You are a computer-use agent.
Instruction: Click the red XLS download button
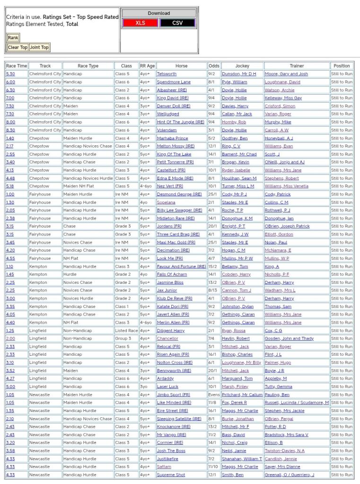tap(140, 23)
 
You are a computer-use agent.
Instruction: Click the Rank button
tap(13, 38)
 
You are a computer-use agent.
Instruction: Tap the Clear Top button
tap(18, 47)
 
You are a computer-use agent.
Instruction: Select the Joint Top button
tap(39, 47)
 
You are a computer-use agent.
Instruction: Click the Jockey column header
tap(242, 66)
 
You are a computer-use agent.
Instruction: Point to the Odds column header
tap(214, 66)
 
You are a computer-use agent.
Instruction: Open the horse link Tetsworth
tap(167, 74)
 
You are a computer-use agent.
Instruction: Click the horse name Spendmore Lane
tap(174, 82)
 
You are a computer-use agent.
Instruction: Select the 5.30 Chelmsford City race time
tap(10, 74)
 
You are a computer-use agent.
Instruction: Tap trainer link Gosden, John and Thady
tap(289, 338)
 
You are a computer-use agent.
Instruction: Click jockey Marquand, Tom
tap(237, 378)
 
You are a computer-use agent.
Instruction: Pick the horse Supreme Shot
tap(171, 475)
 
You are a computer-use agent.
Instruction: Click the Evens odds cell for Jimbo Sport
tap(214, 395)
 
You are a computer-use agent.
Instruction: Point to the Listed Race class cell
tap(126, 330)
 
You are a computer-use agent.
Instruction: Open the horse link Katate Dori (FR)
tap(172, 306)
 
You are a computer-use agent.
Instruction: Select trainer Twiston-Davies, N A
tap(285, 450)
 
